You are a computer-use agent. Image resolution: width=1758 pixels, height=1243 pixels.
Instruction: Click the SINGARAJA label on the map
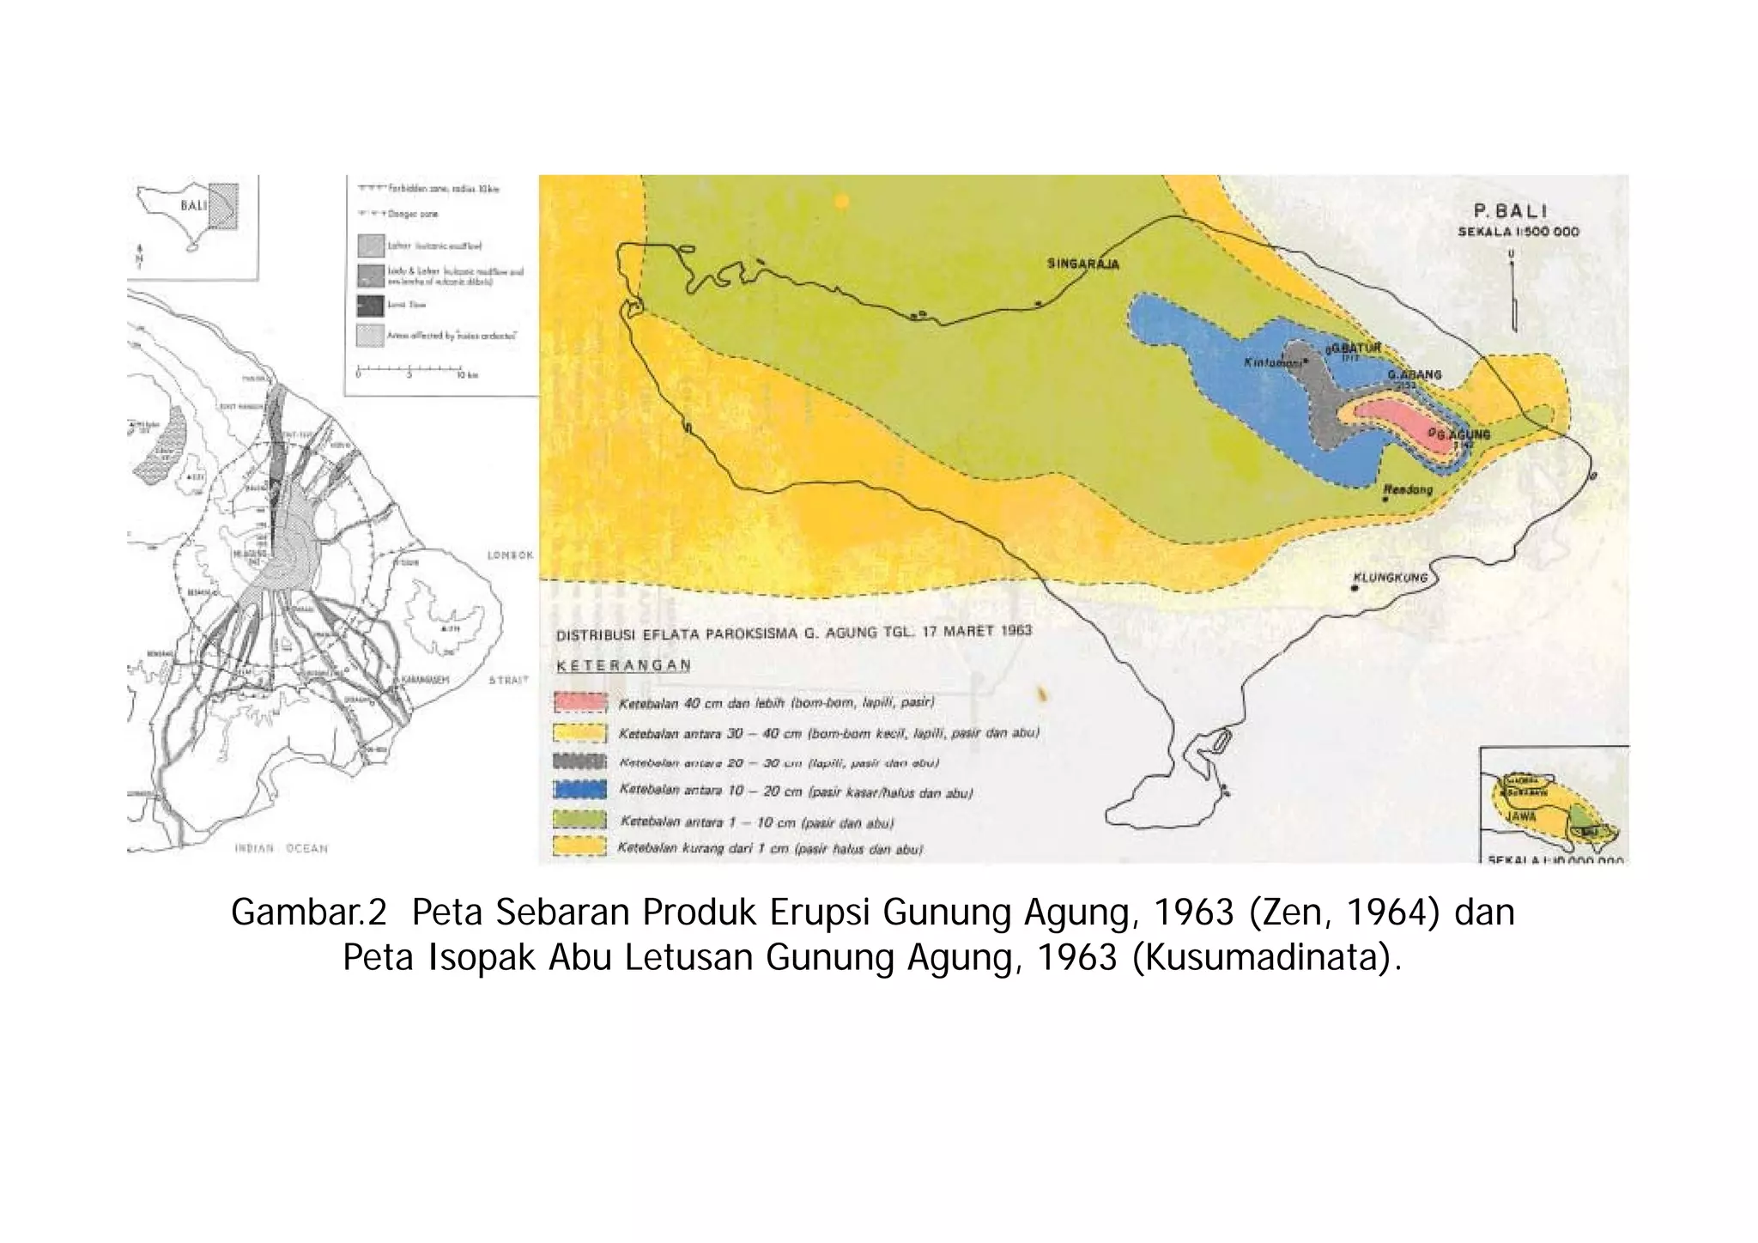[1082, 264]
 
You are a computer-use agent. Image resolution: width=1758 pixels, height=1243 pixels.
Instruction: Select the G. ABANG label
[1414, 375]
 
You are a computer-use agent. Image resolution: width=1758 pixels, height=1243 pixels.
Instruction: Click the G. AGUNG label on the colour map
[1463, 435]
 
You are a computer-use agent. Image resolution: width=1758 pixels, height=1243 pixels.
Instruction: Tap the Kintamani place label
[1273, 363]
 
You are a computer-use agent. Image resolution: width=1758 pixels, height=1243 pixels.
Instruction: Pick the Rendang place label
[1408, 490]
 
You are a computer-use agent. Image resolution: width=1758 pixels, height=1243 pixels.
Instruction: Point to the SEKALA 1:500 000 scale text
[1518, 232]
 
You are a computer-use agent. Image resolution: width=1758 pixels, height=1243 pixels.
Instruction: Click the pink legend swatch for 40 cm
[580, 703]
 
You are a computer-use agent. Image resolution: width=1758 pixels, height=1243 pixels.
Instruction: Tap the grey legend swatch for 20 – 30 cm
[580, 761]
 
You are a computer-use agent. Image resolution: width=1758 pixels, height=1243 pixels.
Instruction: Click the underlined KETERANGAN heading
[623, 665]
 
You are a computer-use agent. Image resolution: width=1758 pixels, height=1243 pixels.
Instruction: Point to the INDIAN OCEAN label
[282, 848]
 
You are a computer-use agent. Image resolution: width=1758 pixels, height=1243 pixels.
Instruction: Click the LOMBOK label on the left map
[510, 555]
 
